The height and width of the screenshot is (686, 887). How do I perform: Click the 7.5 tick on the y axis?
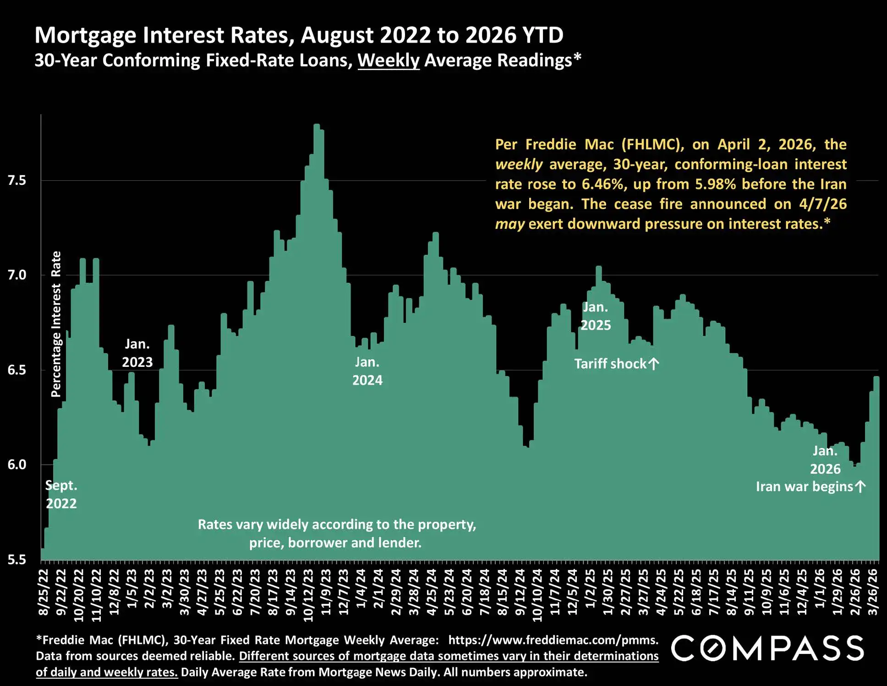pyautogui.click(x=17, y=180)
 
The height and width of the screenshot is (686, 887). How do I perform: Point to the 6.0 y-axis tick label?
pyautogui.click(x=17, y=465)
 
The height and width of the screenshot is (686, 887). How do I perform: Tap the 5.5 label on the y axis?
pyautogui.click(x=17, y=559)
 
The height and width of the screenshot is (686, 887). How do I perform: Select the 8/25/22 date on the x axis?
pyautogui.click(x=44, y=592)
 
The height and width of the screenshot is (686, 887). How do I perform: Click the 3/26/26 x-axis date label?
pyautogui.click(x=873, y=592)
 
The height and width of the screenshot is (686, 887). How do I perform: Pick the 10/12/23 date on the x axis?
pyautogui.click(x=308, y=595)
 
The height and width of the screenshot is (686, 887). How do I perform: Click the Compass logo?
pyautogui.click(x=767, y=648)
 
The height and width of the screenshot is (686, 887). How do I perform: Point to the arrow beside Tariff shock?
pyautogui.click(x=654, y=364)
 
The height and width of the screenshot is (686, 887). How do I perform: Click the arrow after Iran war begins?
pyautogui.click(x=861, y=486)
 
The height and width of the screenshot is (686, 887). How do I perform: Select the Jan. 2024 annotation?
pyautogui.click(x=367, y=371)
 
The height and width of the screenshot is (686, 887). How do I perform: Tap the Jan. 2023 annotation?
pyautogui.click(x=137, y=353)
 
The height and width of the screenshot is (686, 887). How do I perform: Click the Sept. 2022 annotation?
pyautogui.click(x=61, y=494)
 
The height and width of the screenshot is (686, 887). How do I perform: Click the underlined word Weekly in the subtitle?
pyautogui.click(x=389, y=61)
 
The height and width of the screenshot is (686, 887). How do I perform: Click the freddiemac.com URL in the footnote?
pyautogui.click(x=553, y=640)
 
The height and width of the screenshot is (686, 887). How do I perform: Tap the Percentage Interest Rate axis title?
pyautogui.click(x=56, y=324)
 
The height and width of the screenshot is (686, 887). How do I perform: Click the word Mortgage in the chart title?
pyautogui.click(x=84, y=35)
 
